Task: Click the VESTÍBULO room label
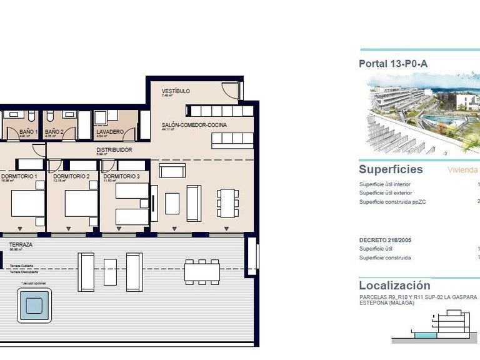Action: click(x=176, y=91)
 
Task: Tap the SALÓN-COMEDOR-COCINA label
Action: click(x=194, y=125)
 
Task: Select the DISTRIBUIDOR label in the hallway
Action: click(x=114, y=150)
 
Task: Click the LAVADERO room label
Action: click(x=109, y=132)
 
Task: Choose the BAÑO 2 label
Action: click(x=54, y=132)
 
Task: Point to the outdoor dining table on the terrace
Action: click(x=202, y=272)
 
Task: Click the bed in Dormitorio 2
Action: click(x=81, y=203)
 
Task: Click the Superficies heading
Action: click(x=391, y=169)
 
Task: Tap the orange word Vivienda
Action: click(x=462, y=170)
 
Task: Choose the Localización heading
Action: click(x=394, y=286)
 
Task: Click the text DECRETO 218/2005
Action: click(x=384, y=239)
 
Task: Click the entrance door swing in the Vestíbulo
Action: click(x=231, y=91)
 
